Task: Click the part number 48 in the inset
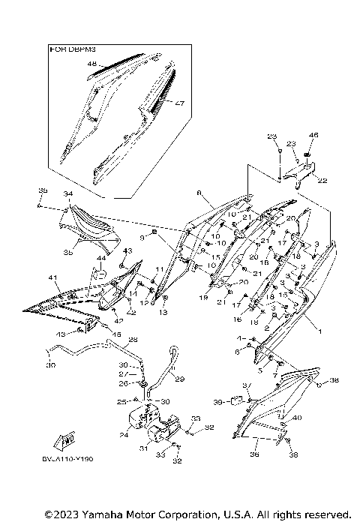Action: pos(92,64)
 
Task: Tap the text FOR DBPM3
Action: pos(70,49)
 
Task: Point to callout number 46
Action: pos(314,136)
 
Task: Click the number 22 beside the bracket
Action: pos(322,180)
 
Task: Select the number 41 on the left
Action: pos(53,278)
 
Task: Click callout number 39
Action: pos(218,402)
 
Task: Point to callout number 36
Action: pos(255,454)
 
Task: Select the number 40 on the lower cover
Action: pos(297,418)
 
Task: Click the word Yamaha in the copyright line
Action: pos(90,514)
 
